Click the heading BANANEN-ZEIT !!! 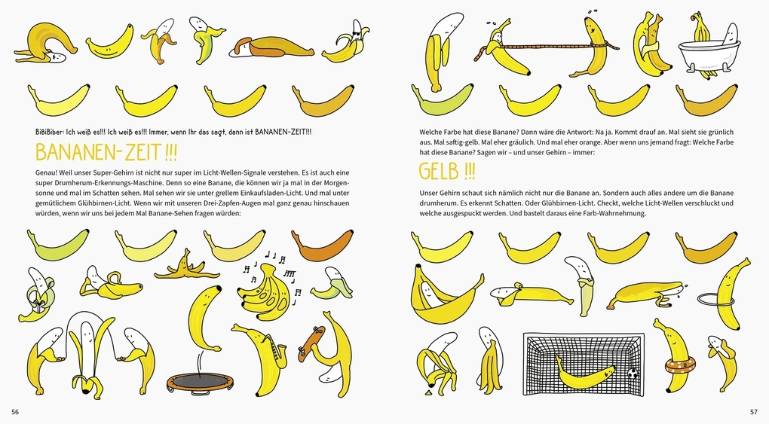coord(106,152)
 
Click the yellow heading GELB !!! coord(447,172)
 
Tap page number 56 coord(15,412)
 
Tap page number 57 coord(754,412)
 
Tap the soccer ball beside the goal coord(633,373)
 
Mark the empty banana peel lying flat coord(187,267)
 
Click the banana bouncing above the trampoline coord(204,318)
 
